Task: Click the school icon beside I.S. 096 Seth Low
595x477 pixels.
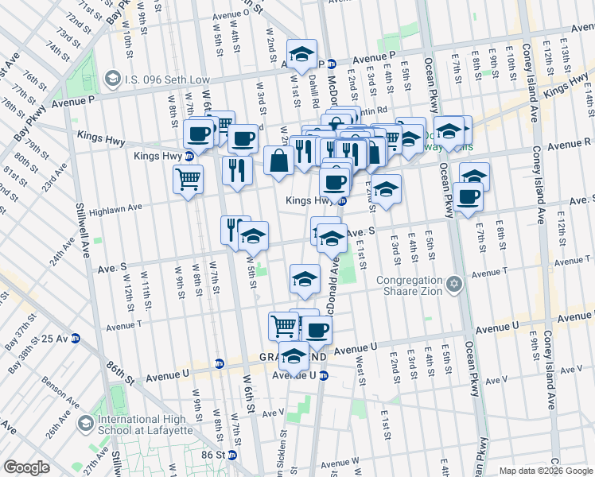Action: click(113, 78)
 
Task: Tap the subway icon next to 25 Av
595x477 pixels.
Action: click(76, 338)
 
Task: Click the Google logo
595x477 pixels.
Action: click(26, 467)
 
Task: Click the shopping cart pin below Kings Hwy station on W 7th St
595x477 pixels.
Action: click(188, 180)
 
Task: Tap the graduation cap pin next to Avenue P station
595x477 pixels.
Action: click(301, 54)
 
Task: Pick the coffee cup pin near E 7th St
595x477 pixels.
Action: click(468, 196)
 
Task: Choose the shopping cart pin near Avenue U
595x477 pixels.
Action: click(283, 325)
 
